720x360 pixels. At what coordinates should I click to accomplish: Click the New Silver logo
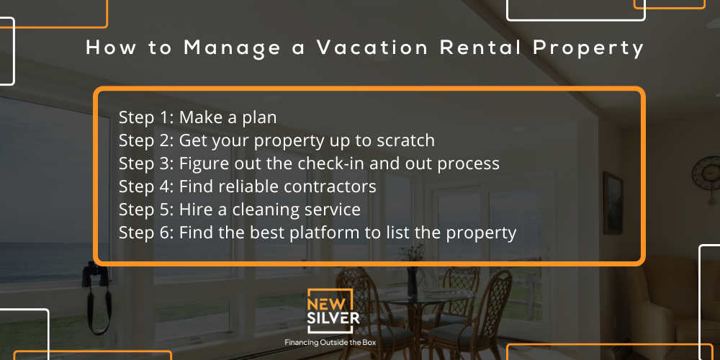[330, 311]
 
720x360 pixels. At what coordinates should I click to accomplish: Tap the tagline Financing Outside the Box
[330, 343]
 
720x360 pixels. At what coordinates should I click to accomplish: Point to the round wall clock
[707, 174]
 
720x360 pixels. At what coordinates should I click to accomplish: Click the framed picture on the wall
[613, 202]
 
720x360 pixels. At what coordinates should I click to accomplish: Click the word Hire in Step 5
[193, 209]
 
